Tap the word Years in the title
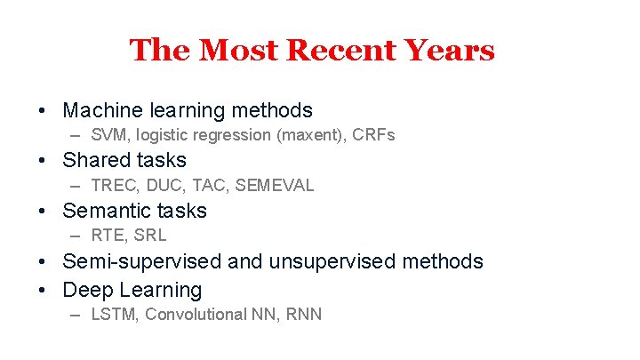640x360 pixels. (x=446, y=50)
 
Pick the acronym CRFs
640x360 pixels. (x=373, y=135)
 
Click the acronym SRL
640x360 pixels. (x=149, y=236)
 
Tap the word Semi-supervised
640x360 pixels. (x=142, y=261)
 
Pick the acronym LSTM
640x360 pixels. (x=115, y=314)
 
